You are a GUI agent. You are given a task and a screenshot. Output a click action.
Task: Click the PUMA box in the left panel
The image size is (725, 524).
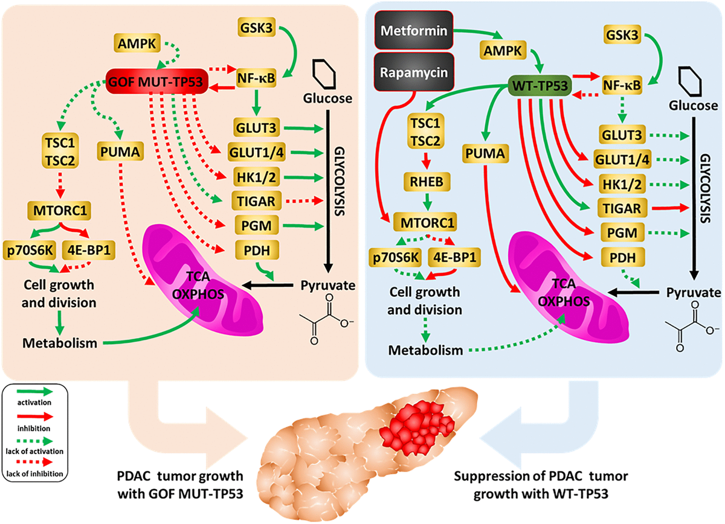click(x=121, y=153)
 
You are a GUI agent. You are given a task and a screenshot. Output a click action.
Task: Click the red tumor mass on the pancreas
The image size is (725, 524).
click(x=417, y=432)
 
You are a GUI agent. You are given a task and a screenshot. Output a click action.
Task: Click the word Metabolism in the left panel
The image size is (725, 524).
click(x=60, y=343)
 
